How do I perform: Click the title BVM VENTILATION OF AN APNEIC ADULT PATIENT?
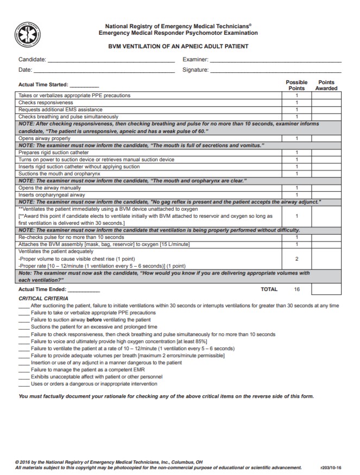pyautogui.click(x=179, y=46)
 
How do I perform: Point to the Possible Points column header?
pyautogui.click(x=296, y=85)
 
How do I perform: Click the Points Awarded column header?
pyautogui.click(x=326, y=85)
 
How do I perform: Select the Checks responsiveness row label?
pyautogui.click(x=46, y=103)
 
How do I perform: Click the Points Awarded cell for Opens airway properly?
pyautogui.click(x=326, y=138)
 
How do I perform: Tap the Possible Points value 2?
pyautogui.click(x=296, y=259)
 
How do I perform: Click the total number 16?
pyautogui.click(x=297, y=289)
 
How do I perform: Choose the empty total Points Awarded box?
pyautogui.click(x=326, y=289)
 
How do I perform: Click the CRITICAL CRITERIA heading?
pyautogui.click(x=43, y=299)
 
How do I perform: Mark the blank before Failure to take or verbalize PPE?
pyautogui.click(x=24, y=313)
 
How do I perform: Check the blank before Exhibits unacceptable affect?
pyautogui.click(x=24, y=377)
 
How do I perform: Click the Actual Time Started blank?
pyautogui.click(x=85, y=86)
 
